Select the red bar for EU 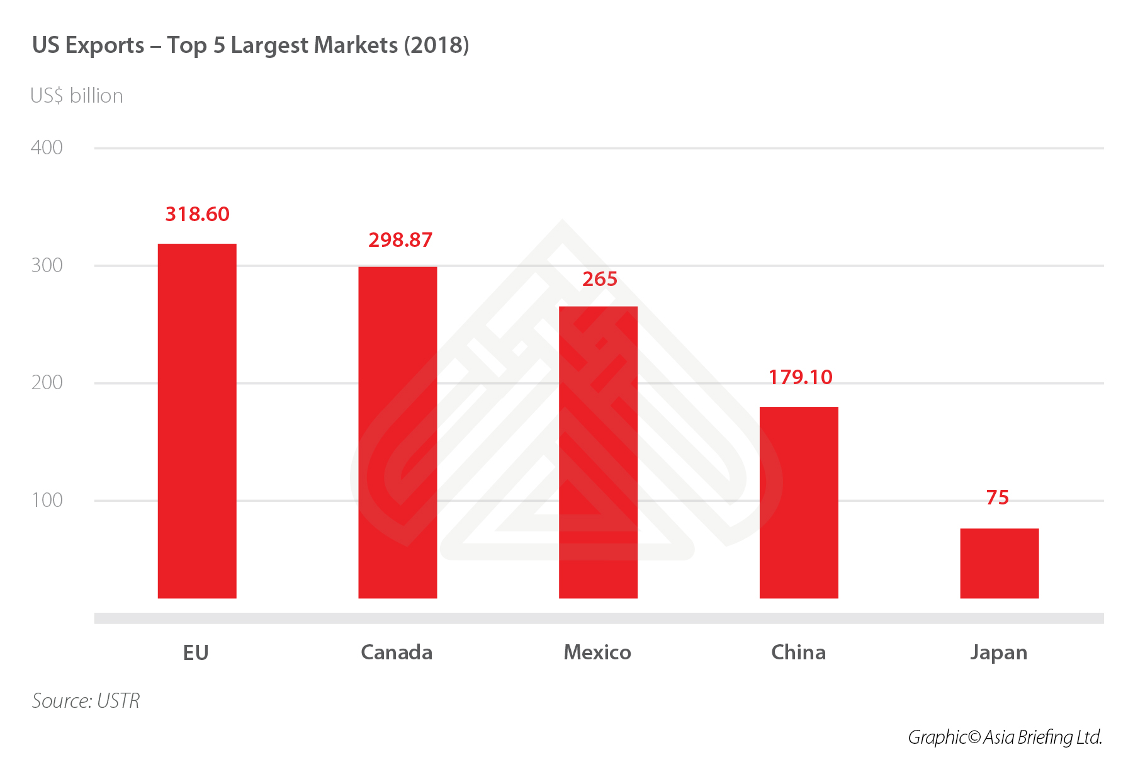pyautogui.click(x=197, y=421)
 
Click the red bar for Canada pyautogui.click(x=397, y=432)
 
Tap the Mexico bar pyautogui.click(x=598, y=452)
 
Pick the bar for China pyautogui.click(x=799, y=502)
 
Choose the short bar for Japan pyautogui.click(x=999, y=563)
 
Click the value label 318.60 pyautogui.click(x=197, y=214)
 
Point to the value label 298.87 pyautogui.click(x=400, y=240)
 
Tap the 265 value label pyautogui.click(x=599, y=279)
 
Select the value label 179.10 pyautogui.click(x=800, y=377)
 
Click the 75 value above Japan pyautogui.click(x=998, y=498)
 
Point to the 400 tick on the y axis pyautogui.click(x=47, y=147)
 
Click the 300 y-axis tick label pyautogui.click(x=47, y=265)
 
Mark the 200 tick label pyautogui.click(x=47, y=382)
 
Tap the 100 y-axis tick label pyautogui.click(x=47, y=500)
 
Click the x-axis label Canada pyautogui.click(x=397, y=652)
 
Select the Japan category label pyautogui.click(x=998, y=652)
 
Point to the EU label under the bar pyautogui.click(x=196, y=653)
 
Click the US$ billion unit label pyautogui.click(x=77, y=96)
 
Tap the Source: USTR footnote pyautogui.click(x=86, y=701)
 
